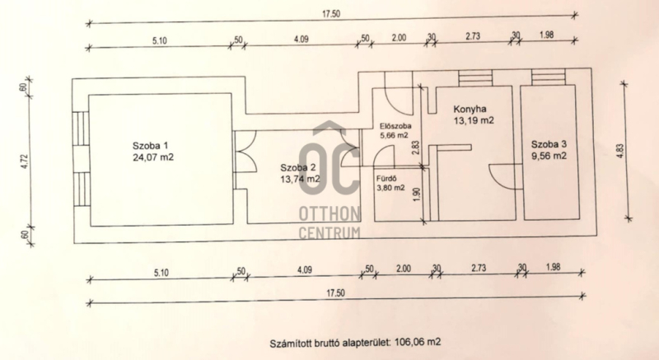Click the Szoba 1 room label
point(150,146)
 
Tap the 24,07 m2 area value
point(153,157)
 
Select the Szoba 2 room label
point(298,167)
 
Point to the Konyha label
point(470,110)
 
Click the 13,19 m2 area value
point(474,120)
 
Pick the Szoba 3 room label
point(549,144)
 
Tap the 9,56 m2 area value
point(549,156)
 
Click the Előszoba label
point(395,126)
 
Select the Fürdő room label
point(386,178)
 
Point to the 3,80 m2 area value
point(390,188)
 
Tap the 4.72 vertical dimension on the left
point(25,161)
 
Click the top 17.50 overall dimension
point(331,14)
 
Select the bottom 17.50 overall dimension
point(335,292)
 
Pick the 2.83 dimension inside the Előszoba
point(416,147)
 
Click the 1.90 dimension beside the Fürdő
point(416,194)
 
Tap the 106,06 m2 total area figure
point(418,342)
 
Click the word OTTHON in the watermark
point(329,214)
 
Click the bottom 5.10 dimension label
point(161,273)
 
